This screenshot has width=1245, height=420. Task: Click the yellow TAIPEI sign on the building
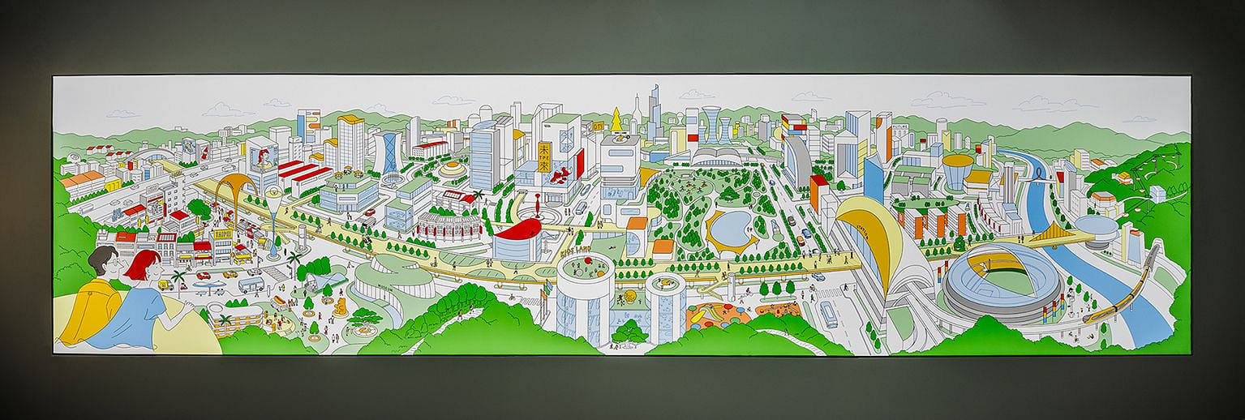(x=222, y=234)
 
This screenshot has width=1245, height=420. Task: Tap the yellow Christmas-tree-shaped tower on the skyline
(x=617, y=121)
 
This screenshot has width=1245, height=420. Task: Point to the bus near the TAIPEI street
(x=251, y=285)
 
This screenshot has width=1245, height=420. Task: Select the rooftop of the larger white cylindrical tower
(x=583, y=268)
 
